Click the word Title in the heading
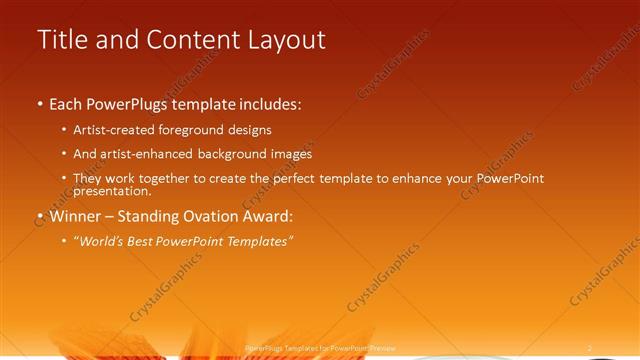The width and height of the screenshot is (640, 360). coord(61,40)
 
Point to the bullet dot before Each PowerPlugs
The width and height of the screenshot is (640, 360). coord(40,104)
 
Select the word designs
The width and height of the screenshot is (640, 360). coord(245,130)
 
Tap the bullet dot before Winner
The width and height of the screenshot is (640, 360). coord(40,215)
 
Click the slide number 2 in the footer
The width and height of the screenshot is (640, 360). coord(590,348)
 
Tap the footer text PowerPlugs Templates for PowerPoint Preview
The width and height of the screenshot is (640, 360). coord(319,348)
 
